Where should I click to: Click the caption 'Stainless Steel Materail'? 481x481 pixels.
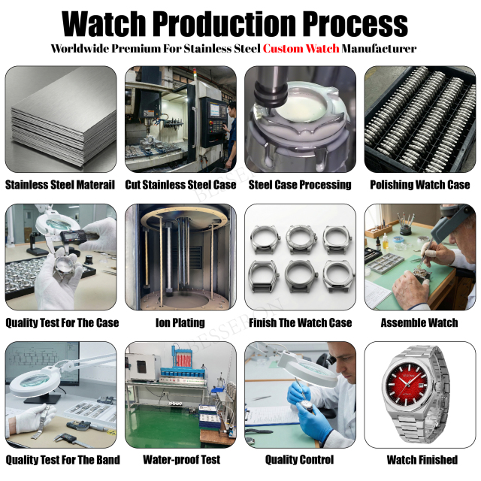pos(60,185)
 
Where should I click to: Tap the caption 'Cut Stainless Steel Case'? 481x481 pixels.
pos(180,185)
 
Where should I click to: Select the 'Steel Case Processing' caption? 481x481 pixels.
pos(300,185)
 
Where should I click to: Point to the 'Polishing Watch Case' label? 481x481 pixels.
pos(420,185)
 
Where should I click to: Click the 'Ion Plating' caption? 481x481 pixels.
pos(180,323)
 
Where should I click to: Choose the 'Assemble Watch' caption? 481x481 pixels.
pos(419,323)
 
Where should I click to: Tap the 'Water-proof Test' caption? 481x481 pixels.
pos(181,459)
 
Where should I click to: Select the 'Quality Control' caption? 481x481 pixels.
pos(299,459)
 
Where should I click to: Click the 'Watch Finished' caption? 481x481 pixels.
pos(422,459)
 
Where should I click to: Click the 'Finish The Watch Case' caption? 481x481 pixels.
pos(300,323)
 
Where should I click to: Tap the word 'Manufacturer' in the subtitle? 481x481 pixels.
pos(379,49)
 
